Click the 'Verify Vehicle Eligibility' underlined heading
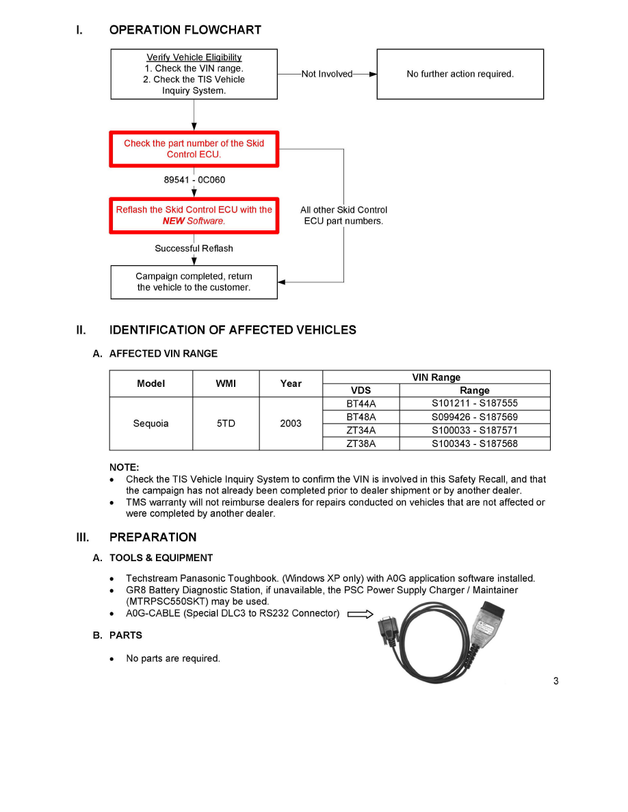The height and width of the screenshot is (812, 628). point(194,57)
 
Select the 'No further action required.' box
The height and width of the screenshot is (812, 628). point(460,74)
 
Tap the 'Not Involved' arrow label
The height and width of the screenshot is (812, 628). point(326,74)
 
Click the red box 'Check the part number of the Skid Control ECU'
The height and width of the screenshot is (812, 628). point(194,149)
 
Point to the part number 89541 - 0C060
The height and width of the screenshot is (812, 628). point(194,180)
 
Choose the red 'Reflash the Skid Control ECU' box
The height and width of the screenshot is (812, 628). point(194,215)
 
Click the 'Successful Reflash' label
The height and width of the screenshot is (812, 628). point(194,248)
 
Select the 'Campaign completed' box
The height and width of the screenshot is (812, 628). point(194,282)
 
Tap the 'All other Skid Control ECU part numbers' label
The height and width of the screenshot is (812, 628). point(343,215)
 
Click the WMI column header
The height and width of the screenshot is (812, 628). point(226,383)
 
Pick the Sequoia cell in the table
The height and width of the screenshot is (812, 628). point(151,423)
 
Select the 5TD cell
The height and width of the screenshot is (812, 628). point(226,423)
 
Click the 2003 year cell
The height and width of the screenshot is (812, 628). point(291,423)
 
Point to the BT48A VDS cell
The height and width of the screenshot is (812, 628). point(361,417)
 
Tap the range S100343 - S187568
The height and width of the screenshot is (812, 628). point(474,444)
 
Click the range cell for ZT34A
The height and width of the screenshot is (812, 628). point(474,430)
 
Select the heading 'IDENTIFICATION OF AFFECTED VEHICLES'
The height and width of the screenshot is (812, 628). point(233,330)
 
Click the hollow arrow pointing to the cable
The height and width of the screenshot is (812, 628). point(360,614)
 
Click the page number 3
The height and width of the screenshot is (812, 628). point(555,681)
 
